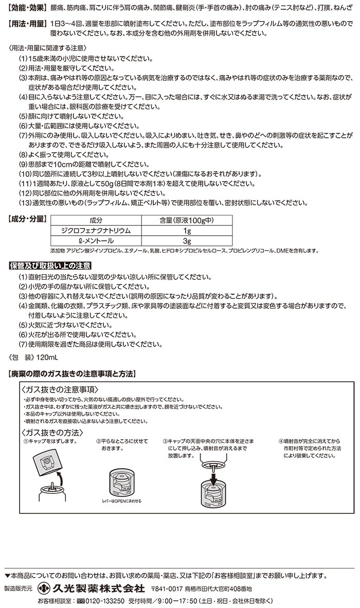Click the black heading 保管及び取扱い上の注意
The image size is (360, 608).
(x=50, y=266)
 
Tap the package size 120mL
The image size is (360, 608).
(x=48, y=356)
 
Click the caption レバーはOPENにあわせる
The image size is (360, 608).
(x=122, y=500)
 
